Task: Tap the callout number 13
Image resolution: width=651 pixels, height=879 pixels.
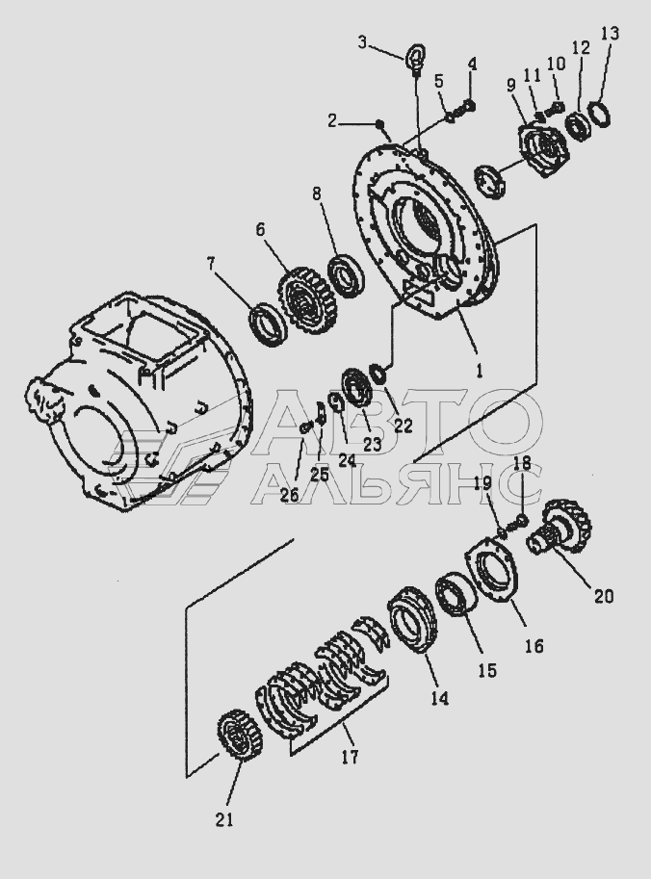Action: click(610, 35)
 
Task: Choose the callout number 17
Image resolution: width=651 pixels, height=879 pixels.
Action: click(350, 758)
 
